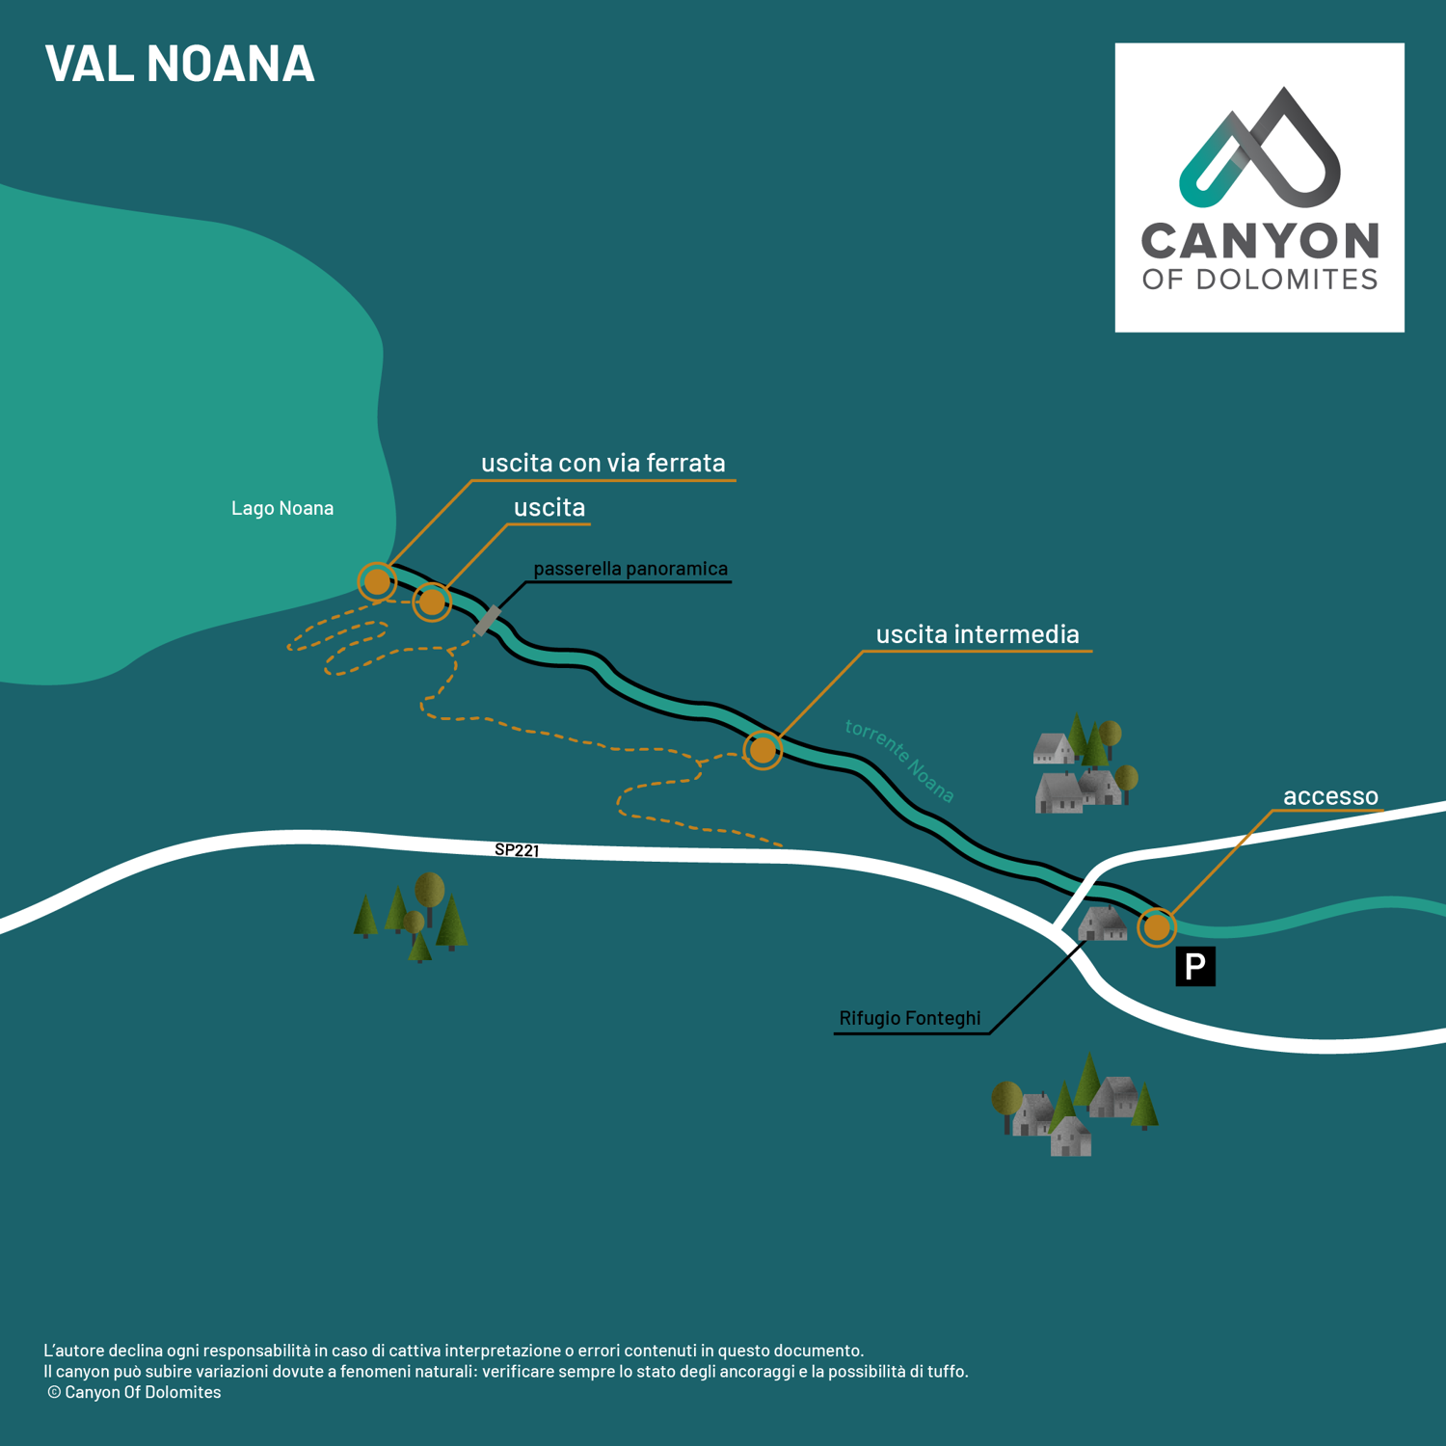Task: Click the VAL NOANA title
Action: point(180,64)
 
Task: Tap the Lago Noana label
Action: point(282,508)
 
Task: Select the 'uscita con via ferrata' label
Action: point(603,463)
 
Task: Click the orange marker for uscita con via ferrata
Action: point(377,581)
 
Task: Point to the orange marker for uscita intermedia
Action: point(763,749)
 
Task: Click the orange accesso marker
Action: point(1157,927)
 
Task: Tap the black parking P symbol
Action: point(1195,966)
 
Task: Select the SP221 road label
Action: point(517,850)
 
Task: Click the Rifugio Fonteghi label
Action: point(910,1018)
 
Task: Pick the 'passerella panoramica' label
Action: point(630,569)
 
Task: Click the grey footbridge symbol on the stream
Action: point(488,620)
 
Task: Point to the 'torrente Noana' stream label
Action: point(899,761)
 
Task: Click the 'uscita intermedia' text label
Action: point(977,634)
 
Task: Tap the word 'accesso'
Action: point(1330,796)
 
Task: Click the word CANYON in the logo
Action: point(1260,241)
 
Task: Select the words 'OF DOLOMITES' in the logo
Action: point(1260,280)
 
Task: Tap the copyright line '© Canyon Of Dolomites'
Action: point(134,1392)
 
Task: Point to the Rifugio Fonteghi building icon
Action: point(1103,924)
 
